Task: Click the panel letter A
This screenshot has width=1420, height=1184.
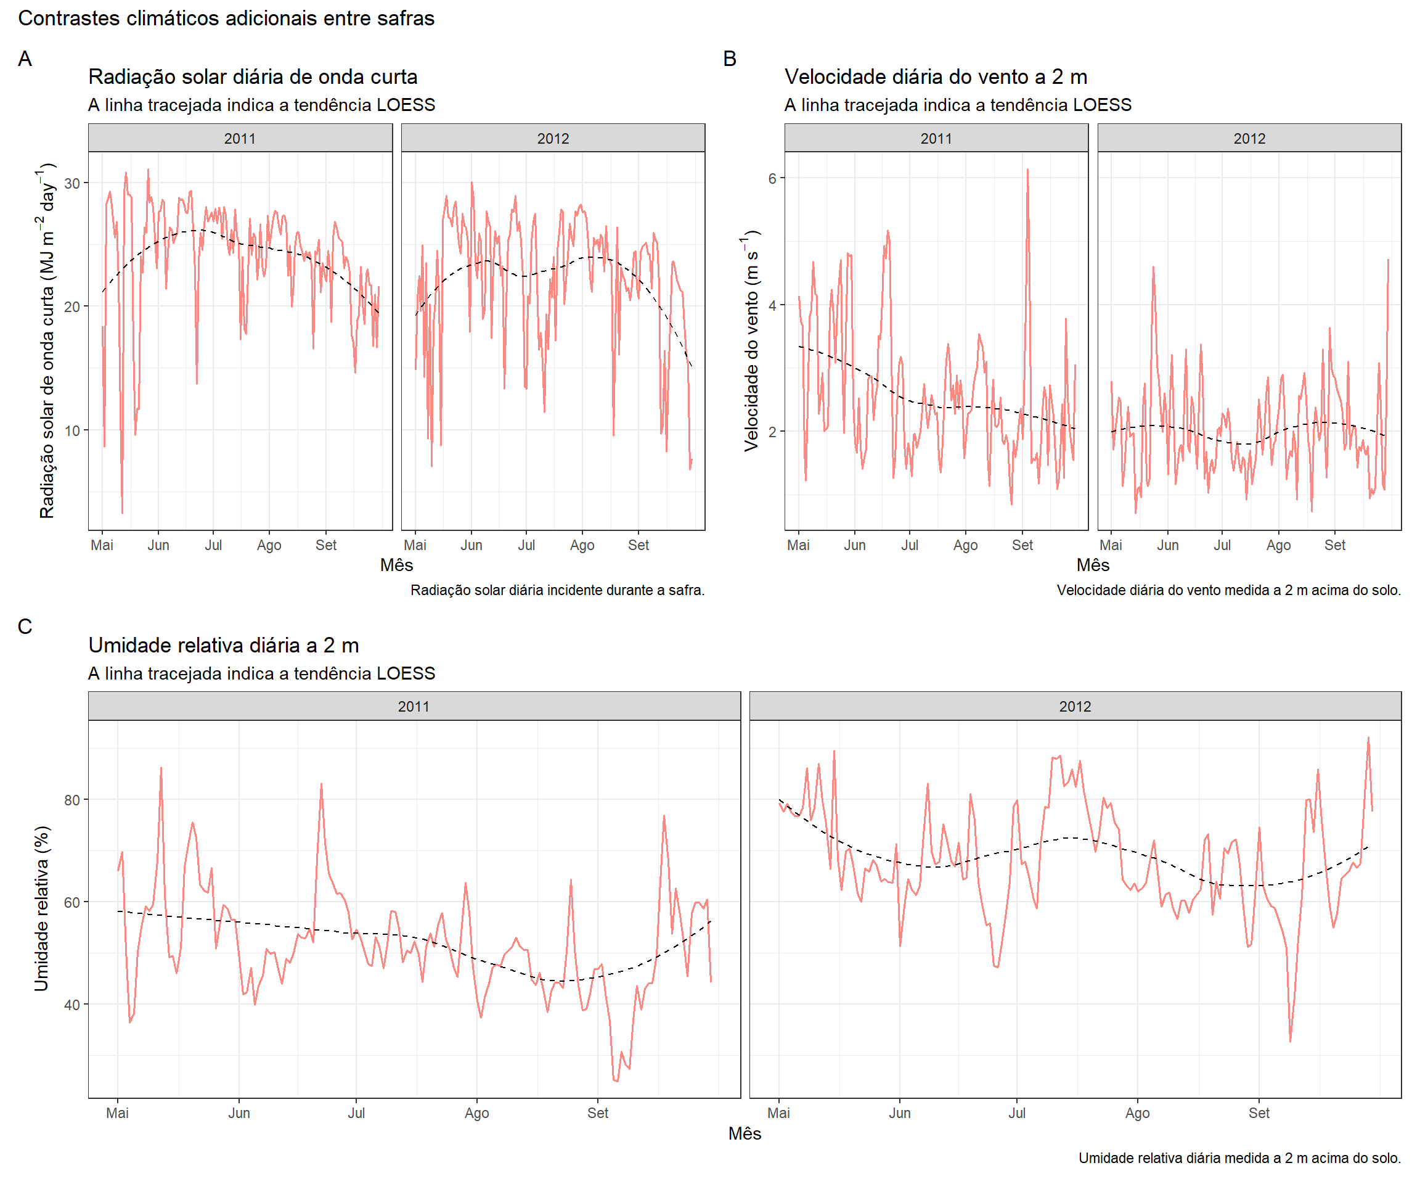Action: pyautogui.click(x=25, y=59)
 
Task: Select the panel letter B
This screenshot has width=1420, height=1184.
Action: pyautogui.click(x=730, y=59)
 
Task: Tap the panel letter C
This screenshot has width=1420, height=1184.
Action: pyautogui.click(x=25, y=627)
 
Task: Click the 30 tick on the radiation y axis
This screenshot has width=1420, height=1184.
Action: pyautogui.click(x=71, y=183)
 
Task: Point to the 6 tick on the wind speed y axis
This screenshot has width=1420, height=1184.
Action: pyautogui.click(x=772, y=178)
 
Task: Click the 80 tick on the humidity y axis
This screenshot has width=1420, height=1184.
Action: pyautogui.click(x=71, y=800)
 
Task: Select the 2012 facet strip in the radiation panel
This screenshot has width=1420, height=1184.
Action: pyautogui.click(x=553, y=138)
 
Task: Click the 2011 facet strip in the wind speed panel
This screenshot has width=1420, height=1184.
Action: pyautogui.click(x=936, y=138)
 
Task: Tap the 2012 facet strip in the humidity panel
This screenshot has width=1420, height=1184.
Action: pyautogui.click(x=1074, y=706)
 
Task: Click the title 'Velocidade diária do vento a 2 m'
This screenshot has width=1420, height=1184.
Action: pyautogui.click(x=936, y=77)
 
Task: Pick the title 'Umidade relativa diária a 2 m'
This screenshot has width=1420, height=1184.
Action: pyautogui.click(x=223, y=646)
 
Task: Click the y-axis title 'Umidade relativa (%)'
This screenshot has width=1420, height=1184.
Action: pyautogui.click(x=42, y=908)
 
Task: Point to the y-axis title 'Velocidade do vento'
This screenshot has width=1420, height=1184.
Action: pyautogui.click(x=751, y=341)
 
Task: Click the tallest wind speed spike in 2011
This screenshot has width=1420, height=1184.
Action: pyautogui.click(x=1027, y=170)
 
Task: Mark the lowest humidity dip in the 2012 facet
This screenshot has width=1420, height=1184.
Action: pyautogui.click(x=1290, y=1040)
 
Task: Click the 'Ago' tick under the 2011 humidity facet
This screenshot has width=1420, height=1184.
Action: pyautogui.click(x=476, y=1113)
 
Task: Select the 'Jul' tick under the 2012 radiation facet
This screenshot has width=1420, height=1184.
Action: pyautogui.click(x=526, y=545)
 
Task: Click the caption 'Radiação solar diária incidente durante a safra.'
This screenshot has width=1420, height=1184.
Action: pyautogui.click(x=557, y=590)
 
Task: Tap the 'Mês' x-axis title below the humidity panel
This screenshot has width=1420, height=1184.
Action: pyautogui.click(x=745, y=1133)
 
